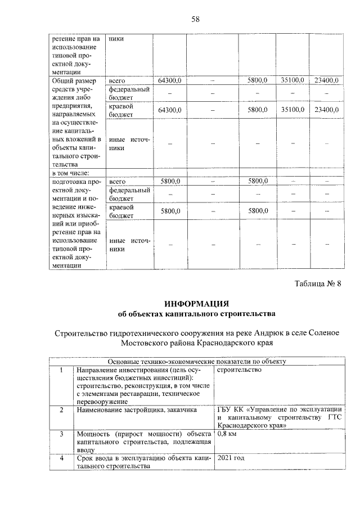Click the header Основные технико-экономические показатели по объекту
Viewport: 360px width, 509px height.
pos(197,361)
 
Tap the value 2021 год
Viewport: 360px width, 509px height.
pos(231,459)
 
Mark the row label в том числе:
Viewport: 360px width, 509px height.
pos(70,173)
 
